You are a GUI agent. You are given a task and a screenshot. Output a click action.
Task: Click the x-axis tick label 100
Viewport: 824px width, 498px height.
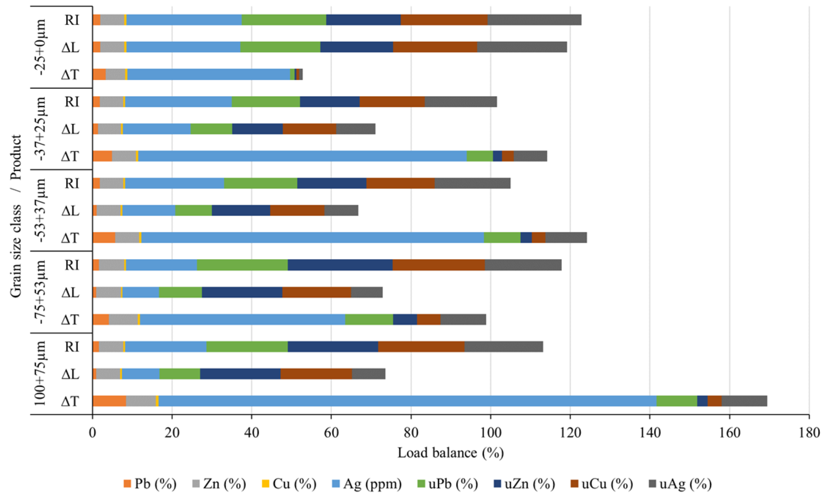coord(490,433)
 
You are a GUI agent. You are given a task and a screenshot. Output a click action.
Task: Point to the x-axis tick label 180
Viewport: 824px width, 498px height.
coord(809,433)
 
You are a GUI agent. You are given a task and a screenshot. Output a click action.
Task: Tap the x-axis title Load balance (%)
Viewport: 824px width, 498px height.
coord(450,453)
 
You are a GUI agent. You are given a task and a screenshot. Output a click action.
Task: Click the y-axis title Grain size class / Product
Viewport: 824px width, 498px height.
coord(16,216)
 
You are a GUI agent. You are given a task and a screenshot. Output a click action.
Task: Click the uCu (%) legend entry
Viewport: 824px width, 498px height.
coord(602,484)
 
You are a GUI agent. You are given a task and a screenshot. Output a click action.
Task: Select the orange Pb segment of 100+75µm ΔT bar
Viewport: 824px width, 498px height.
coord(109,401)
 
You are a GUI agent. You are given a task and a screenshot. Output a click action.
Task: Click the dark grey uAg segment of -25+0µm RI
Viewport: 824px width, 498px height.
coord(534,20)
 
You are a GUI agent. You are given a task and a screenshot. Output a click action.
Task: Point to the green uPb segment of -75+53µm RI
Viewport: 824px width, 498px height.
coord(242,265)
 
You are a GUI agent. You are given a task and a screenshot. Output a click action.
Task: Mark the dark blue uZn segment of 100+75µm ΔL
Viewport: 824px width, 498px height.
coord(240,374)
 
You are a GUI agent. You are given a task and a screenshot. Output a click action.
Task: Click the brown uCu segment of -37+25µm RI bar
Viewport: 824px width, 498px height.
coord(392,102)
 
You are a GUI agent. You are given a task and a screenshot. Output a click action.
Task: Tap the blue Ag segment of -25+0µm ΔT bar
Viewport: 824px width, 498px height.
coord(209,74)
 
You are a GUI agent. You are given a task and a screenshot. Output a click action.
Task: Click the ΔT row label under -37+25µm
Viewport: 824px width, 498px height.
coord(70,156)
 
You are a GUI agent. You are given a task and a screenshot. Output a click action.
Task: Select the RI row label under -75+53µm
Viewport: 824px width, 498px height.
coord(72,265)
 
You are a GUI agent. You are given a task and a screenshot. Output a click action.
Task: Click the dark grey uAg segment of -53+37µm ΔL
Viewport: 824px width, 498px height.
coord(341,211)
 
